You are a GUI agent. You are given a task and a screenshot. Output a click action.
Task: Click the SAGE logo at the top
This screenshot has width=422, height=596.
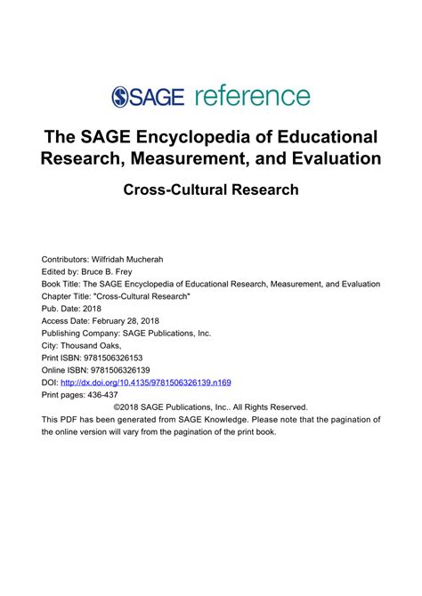tap(147, 96)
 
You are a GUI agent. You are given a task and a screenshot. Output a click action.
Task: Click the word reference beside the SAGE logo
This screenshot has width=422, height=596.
tap(251, 96)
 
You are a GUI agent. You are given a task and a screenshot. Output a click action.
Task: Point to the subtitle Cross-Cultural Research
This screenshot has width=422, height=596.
tap(210, 189)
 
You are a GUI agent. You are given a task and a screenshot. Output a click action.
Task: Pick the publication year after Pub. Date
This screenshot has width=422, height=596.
tap(93, 308)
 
